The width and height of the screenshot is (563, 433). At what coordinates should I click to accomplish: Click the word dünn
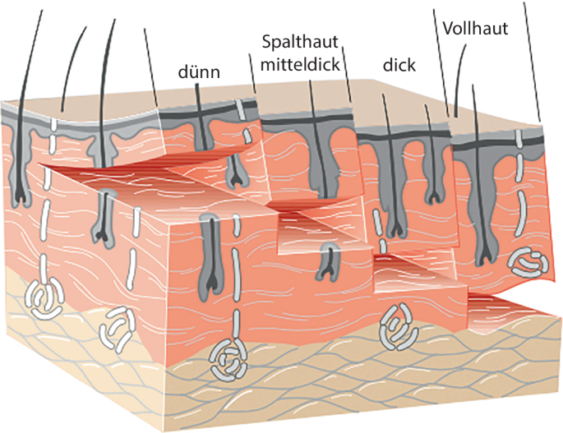[x=199, y=72]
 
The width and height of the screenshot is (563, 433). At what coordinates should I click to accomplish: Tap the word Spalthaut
[x=300, y=42]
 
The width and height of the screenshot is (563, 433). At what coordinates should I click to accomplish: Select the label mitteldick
[x=300, y=65]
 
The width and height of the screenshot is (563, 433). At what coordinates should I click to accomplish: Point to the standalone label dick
[x=399, y=65]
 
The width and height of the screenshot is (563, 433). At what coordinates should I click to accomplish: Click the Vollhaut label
[x=475, y=29]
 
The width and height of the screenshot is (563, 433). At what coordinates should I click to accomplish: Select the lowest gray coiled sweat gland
[x=228, y=360]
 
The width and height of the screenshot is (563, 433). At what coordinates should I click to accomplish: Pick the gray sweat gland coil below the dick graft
[x=399, y=327]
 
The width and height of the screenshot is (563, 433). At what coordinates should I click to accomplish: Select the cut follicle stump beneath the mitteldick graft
[x=329, y=260]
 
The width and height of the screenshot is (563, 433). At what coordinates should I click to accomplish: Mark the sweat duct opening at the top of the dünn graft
[x=241, y=110]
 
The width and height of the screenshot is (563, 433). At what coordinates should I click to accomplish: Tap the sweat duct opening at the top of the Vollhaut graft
[x=519, y=138]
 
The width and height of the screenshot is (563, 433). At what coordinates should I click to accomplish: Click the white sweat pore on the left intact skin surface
[x=54, y=125]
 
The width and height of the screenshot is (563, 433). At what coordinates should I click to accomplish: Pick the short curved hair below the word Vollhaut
[x=459, y=80]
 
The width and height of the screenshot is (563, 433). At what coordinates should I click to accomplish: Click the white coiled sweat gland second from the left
[x=117, y=328]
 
